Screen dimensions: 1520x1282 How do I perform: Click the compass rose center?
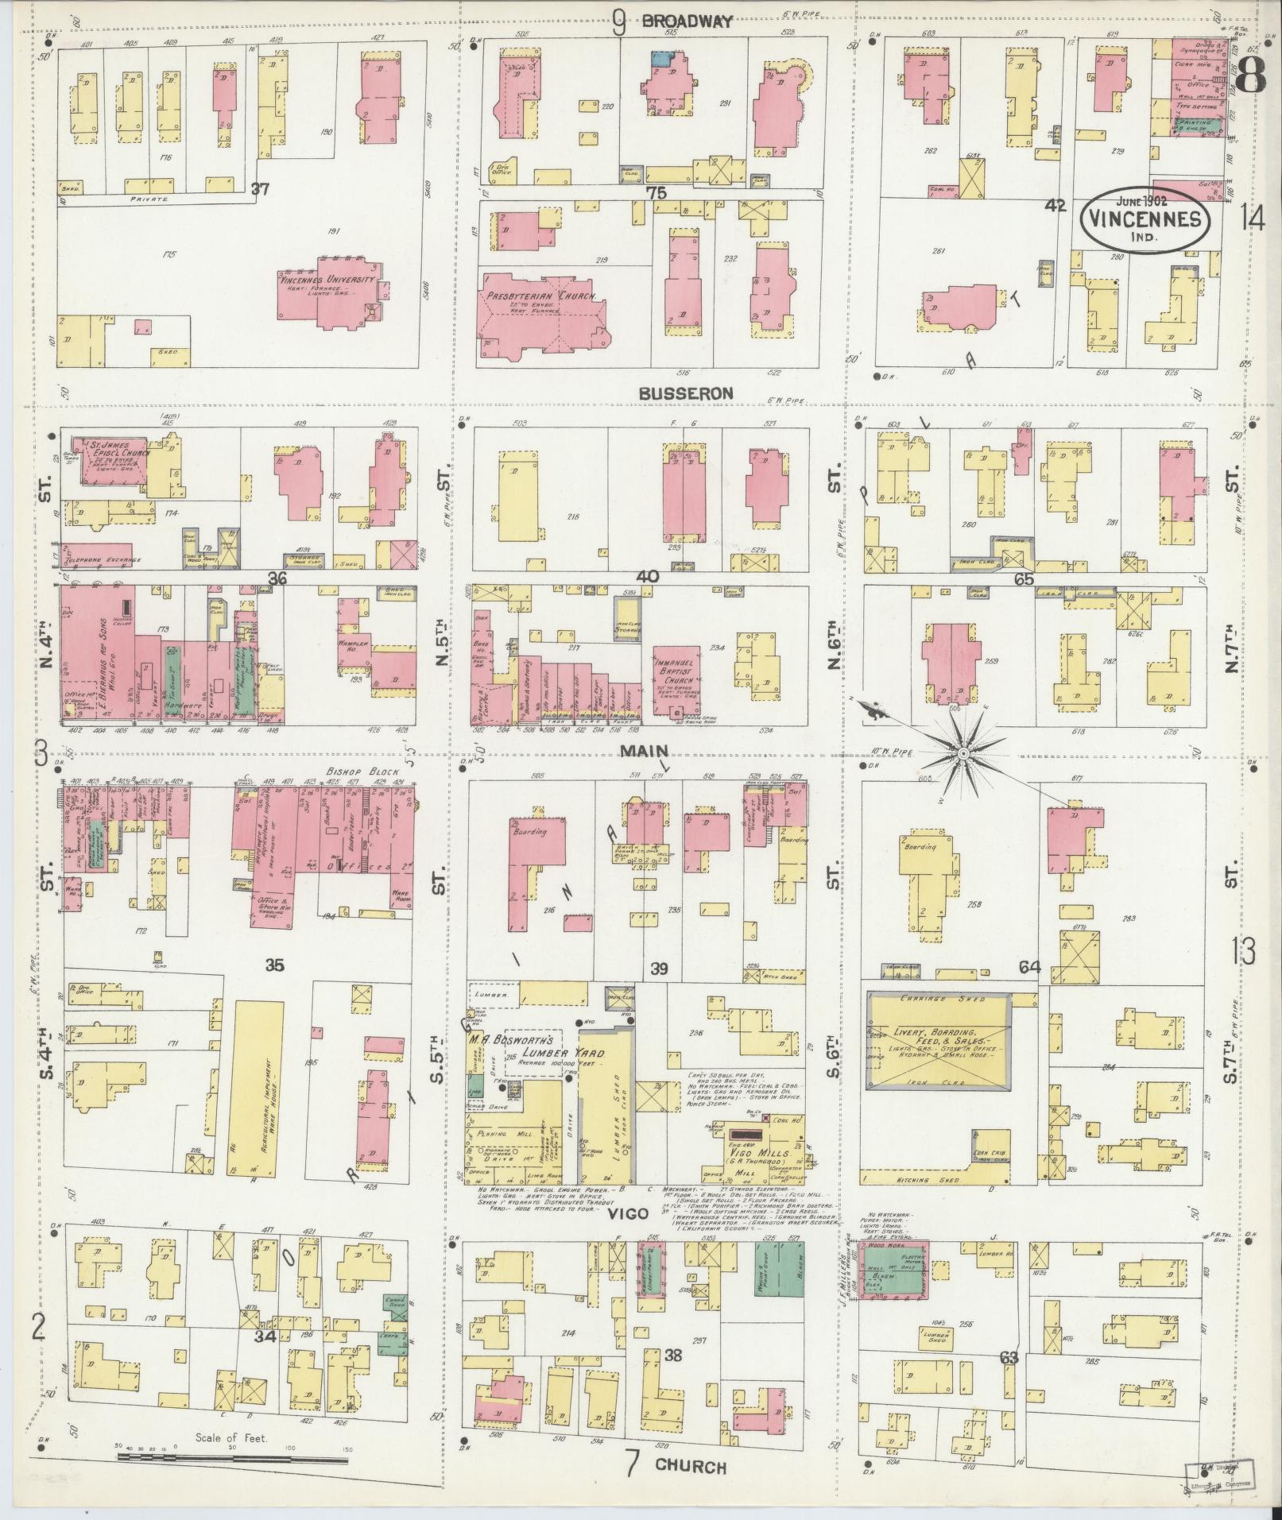pyautogui.click(x=962, y=751)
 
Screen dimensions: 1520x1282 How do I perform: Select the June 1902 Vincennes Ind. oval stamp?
pyautogui.click(x=1145, y=215)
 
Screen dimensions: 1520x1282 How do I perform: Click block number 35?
pyautogui.click(x=275, y=966)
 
